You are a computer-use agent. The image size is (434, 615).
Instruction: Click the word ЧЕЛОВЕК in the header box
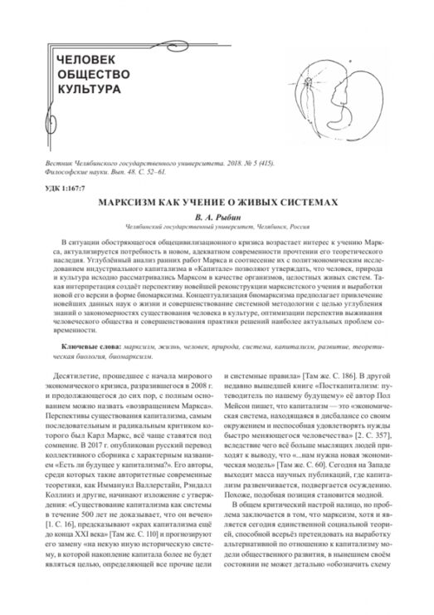[x=86, y=60]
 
